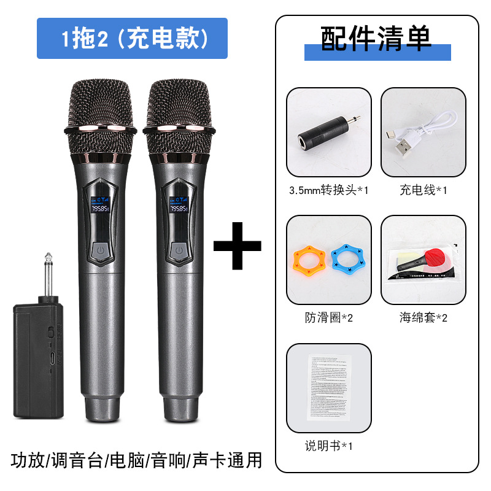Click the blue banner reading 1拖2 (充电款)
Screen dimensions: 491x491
tap(132, 39)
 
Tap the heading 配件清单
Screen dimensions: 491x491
tap(376, 38)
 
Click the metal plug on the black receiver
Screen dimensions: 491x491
tap(48, 276)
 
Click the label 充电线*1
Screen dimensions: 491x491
tap(423, 190)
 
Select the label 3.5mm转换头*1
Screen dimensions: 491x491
tap(328, 190)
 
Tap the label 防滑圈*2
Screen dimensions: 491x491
tap(328, 317)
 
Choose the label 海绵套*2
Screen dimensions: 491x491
tap(423, 317)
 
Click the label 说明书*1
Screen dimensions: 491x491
tap(328, 445)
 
